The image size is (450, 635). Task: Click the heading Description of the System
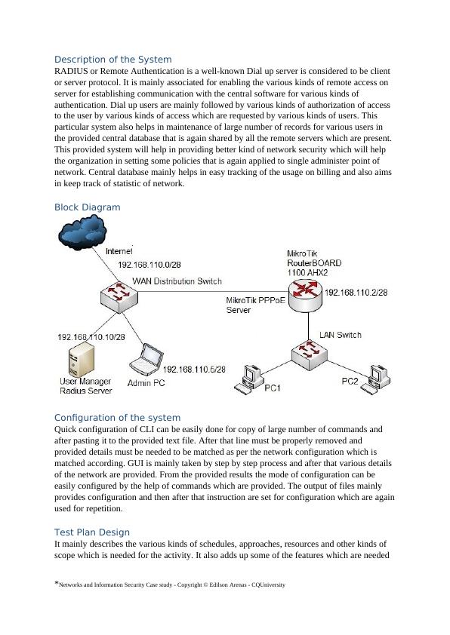[112, 59]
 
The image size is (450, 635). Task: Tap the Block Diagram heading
[87, 207]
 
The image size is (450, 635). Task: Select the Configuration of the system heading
[117, 418]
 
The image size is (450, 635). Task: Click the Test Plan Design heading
[92, 532]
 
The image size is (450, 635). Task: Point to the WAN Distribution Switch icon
[119, 297]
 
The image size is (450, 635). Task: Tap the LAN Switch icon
[310, 354]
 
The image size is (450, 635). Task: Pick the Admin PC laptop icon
[146, 360]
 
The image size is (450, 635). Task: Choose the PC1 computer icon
[248, 379]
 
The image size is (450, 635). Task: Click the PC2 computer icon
[376, 379]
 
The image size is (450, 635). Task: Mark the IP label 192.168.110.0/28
[149, 265]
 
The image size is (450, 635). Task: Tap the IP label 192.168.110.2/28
[356, 293]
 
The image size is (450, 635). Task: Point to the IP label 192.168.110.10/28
[91, 337]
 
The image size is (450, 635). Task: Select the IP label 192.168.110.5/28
[194, 370]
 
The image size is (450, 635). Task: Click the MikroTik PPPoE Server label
[255, 305]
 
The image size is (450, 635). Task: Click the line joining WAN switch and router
[213, 291]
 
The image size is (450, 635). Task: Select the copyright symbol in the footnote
[205, 584]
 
